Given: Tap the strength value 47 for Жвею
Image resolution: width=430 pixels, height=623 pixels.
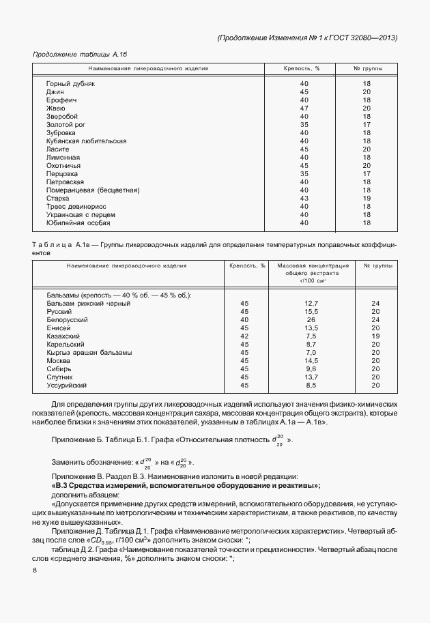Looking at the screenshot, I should tap(304, 108).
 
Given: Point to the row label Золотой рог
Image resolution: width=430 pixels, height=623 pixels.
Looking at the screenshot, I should tap(65, 124).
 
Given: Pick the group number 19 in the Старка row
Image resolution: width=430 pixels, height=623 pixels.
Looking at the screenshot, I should tap(367, 198).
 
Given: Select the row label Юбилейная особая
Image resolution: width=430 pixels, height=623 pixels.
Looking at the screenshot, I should tap(78, 222).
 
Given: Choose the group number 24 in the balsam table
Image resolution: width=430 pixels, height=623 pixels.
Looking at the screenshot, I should tap(375, 303).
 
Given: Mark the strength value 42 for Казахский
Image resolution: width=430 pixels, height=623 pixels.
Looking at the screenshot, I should tap(245, 336).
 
